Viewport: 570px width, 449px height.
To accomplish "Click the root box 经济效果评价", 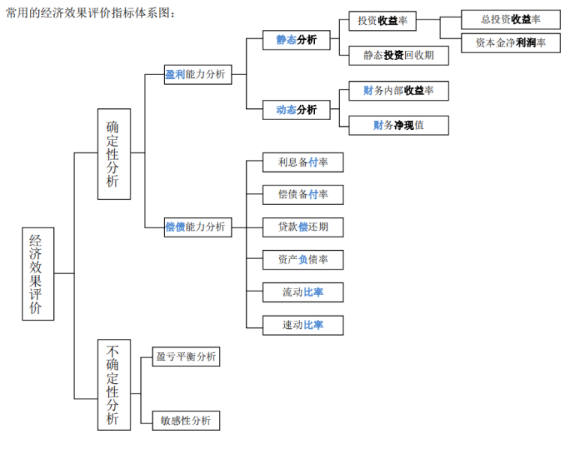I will pyautogui.click(x=37, y=274).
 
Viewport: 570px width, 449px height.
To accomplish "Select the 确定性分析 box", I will pyautogui.click(x=113, y=154).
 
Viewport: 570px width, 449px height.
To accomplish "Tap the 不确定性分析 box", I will pyautogui.click(x=113, y=384).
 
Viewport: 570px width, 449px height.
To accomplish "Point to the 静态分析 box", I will pyautogui.click(x=296, y=40).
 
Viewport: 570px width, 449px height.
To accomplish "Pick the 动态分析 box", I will pyautogui.click(x=296, y=110).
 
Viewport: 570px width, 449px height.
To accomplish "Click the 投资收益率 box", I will pyautogui.click(x=382, y=21).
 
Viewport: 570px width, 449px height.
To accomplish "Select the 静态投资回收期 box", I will pyautogui.click(x=398, y=56).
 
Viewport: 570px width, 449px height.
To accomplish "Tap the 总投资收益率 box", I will pyautogui.click(x=511, y=20).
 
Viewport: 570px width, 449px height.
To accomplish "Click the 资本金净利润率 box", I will pyautogui.click(x=511, y=43).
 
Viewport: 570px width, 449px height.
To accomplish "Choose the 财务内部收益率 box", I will pyautogui.click(x=398, y=91).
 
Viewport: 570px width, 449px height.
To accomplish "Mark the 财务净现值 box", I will pyautogui.click(x=398, y=125).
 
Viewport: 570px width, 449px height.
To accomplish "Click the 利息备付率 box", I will pyautogui.click(x=303, y=162).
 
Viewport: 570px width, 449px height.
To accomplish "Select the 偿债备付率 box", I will pyautogui.click(x=303, y=194).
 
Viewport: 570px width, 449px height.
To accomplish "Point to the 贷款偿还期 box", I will pyautogui.click(x=303, y=227).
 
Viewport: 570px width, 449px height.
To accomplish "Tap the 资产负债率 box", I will pyautogui.click(x=303, y=260).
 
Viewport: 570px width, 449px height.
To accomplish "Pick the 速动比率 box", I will pyautogui.click(x=303, y=325).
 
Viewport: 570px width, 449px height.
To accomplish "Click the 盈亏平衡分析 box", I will pyautogui.click(x=185, y=357).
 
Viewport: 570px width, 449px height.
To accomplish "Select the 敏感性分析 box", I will pyautogui.click(x=185, y=420).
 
